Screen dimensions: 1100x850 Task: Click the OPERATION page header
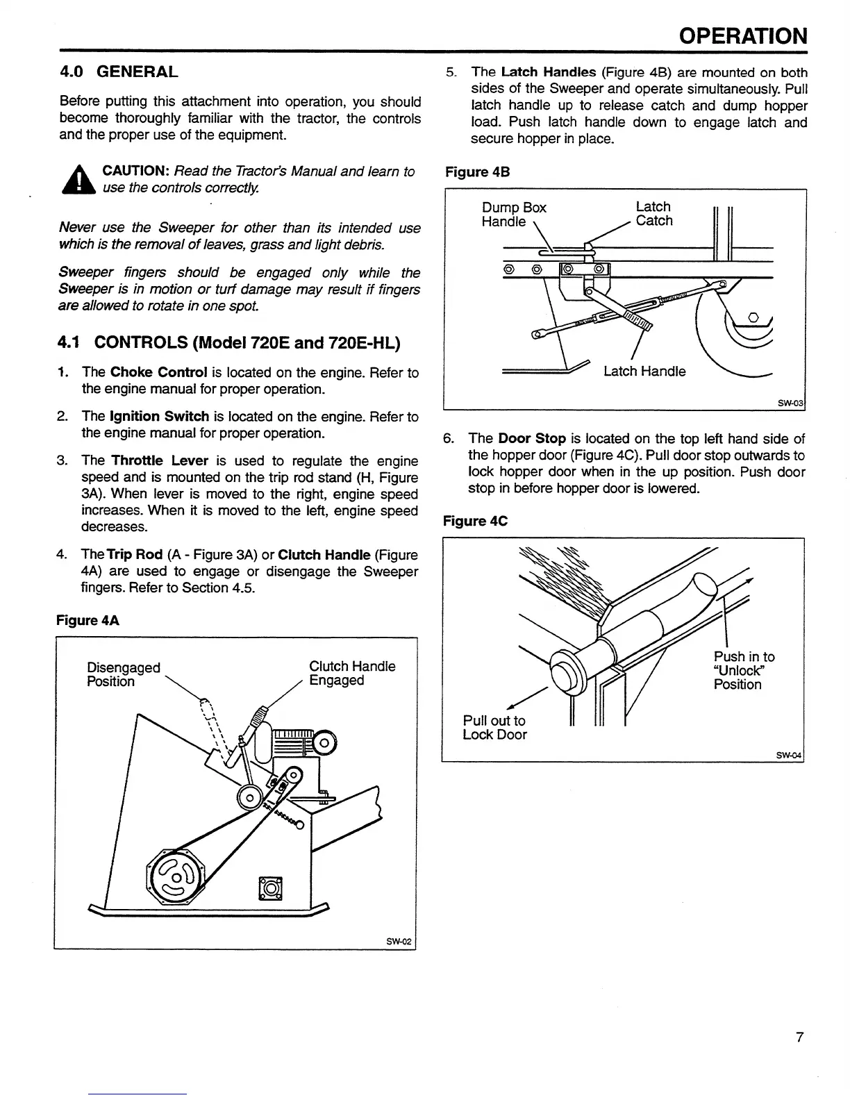(x=743, y=35)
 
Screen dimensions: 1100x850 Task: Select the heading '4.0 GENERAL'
(x=118, y=72)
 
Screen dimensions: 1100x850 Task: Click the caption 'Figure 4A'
(x=87, y=620)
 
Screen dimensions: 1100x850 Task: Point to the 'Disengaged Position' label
(x=123, y=674)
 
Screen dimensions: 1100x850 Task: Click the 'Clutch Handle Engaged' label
(x=352, y=674)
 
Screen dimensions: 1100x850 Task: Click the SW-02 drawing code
(x=399, y=942)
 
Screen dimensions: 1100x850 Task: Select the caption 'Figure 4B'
(x=478, y=172)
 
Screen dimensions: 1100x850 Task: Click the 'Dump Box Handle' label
(x=514, y=215)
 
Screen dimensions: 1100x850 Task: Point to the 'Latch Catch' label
(x=654, y=214)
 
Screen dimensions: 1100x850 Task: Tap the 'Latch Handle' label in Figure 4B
(x=644, y=372)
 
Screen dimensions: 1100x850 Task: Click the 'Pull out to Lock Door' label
(x=494, y=728)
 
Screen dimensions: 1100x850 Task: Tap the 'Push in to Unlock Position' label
(x=744, y=670)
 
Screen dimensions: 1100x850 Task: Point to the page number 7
(x=799, y=1037)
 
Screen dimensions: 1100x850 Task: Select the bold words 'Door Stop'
(x=532, y=438)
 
